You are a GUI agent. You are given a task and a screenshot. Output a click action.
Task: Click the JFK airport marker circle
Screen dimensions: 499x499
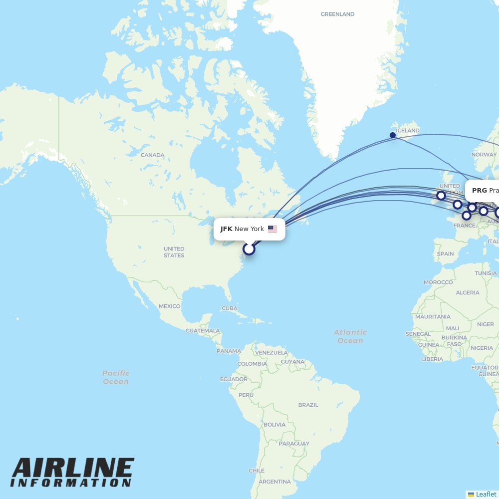pyautogui.click(x=249, y=249)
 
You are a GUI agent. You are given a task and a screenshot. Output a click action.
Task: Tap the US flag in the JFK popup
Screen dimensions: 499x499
pyautogui.click(x=272, y=229)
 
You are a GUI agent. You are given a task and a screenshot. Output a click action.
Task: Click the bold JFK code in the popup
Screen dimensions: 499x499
pyautogui.click(x=226, y=229)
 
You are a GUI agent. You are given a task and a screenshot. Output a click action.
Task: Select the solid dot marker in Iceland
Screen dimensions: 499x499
pyautogui.click(x=393, y=135)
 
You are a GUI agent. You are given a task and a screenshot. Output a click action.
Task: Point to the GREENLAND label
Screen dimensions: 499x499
pyautogui.click(x=337, y=14)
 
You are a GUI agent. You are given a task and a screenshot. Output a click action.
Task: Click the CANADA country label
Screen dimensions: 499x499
pyautogui.click(x=152, y=155)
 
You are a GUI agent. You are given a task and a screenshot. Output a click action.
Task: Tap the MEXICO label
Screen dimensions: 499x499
pyautogui.click(x=169, y=306)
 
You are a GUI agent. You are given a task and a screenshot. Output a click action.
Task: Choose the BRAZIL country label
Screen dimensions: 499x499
pyautogui.click(x=308, y=405)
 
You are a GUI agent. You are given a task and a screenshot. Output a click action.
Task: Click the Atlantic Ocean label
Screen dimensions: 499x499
pyautogui.click(x=350, y=336)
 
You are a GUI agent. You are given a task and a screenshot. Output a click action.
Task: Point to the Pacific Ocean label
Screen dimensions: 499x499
pyautogui.click(x=116, y=377)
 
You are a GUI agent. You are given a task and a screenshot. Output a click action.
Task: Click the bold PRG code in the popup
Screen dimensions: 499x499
pyautogui.click(x=479, y=191)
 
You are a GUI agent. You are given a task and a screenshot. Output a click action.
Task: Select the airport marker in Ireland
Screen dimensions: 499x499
pyautogui.click(x=441, y=195)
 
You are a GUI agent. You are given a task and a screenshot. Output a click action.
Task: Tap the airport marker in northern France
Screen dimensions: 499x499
pyautogui.click(x=466, y=216)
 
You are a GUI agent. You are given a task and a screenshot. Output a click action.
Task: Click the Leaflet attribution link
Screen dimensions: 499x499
pyautogui.click(x=486, y=494)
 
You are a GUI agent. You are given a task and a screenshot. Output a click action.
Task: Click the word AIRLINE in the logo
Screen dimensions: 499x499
pyautogui.click(x=73, y=469)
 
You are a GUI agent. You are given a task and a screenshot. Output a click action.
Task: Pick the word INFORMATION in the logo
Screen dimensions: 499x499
pyautogui.click(x=71, y=483)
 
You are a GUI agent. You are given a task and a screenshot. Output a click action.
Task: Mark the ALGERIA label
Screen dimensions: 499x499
pyautogui.click(x=468, y=293)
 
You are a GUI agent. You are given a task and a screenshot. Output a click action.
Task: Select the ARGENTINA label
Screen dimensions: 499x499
pyautogui.click(x=274, y=482)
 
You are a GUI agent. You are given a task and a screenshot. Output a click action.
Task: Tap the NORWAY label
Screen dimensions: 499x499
pyautogui.click(x=484, y=155)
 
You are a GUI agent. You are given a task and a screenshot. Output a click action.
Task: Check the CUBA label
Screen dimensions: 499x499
pyautogui.click(x=229, y=308)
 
